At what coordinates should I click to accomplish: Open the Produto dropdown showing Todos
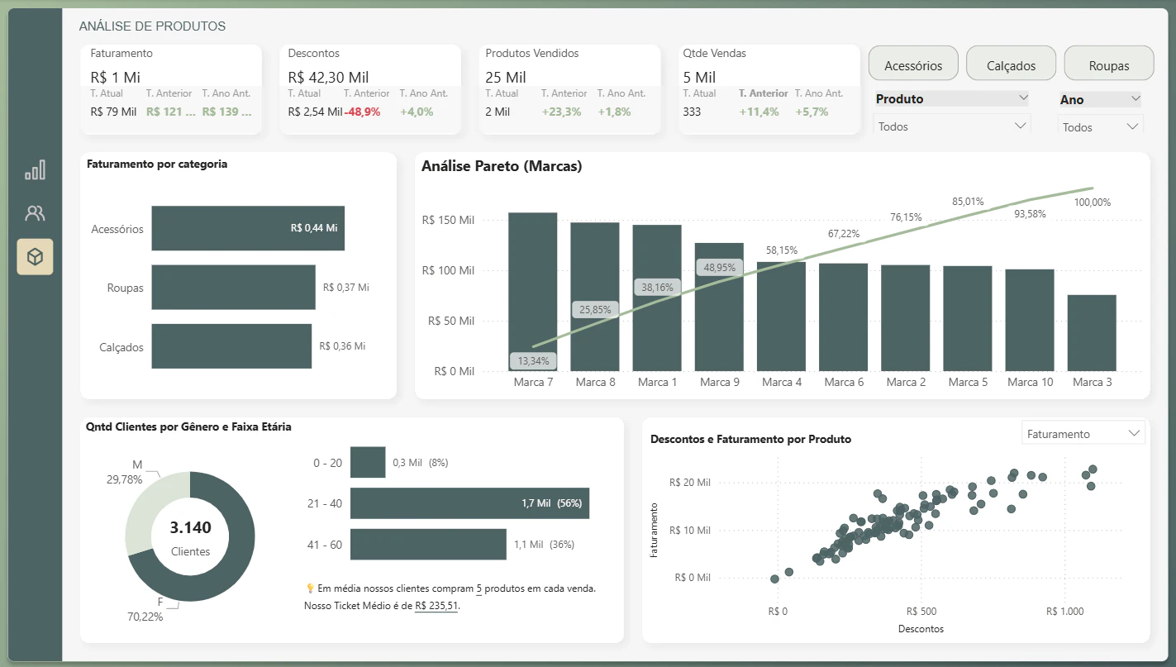point(952,126)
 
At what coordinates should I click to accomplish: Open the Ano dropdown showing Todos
point(1100,127)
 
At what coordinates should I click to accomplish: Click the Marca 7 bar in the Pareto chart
point(532,292)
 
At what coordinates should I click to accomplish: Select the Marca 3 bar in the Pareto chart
point(1092,333)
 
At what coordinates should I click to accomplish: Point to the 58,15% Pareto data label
point(781,250)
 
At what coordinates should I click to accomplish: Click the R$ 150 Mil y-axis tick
point(448,220)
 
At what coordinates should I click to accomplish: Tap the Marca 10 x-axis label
point(1030,382)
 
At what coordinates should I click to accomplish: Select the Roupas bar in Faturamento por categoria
point(234,287)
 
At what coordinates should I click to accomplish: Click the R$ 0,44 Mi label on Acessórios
point(314,228)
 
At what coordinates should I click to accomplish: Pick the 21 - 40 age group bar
point(469,503)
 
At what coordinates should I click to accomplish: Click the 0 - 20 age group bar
point(368,462)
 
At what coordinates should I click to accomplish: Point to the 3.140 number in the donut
point(190,527)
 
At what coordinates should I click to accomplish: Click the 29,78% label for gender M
point(124,479)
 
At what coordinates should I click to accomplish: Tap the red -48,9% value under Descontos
point(362,112)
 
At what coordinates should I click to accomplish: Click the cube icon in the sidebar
point(35,257)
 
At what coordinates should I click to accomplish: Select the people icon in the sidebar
point(35,212)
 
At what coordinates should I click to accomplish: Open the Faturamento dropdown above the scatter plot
point(1083,434)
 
